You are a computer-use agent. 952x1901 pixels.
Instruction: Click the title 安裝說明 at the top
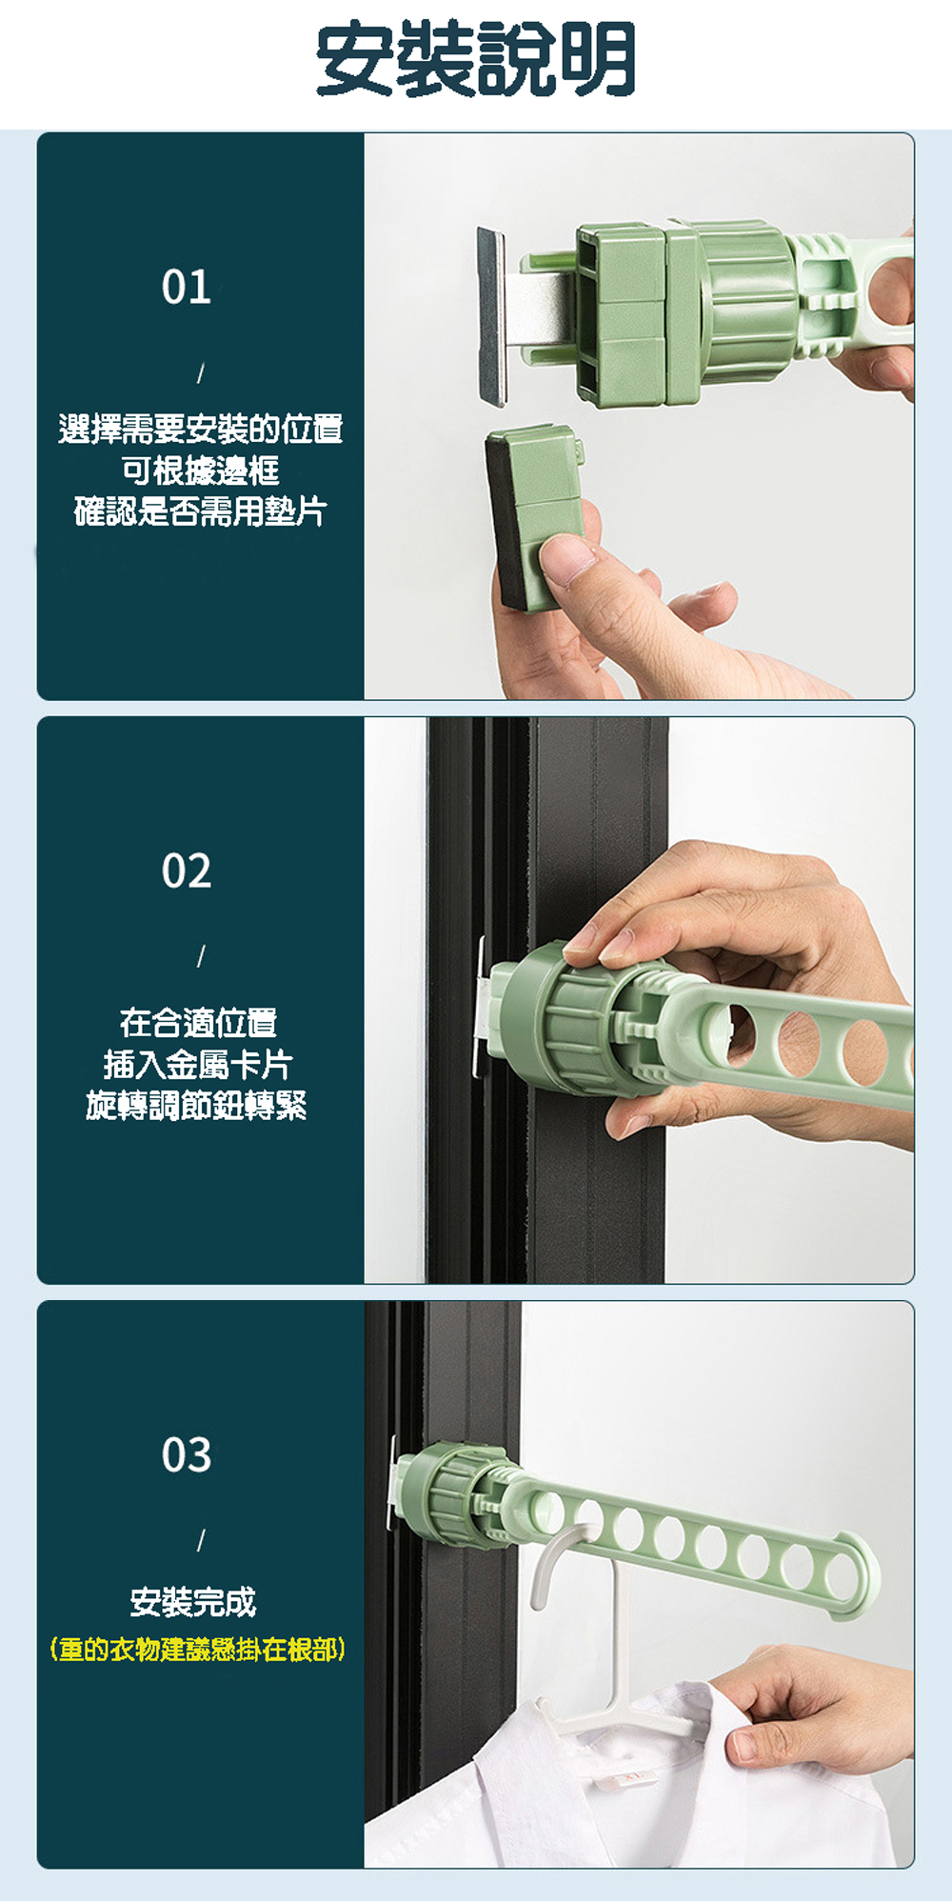(x=476, y=59)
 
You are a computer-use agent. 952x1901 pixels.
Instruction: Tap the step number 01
(x=187, y=287)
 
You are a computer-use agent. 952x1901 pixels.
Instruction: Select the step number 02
(x=187, y=870)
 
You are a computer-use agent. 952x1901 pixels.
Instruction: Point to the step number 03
(x=187, y=1454)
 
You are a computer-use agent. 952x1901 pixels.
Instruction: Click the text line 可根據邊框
(x=200, y=470)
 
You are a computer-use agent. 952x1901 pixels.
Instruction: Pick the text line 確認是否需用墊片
(x=200, y=511)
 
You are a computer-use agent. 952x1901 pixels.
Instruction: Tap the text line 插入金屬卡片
(x=198, y=1064)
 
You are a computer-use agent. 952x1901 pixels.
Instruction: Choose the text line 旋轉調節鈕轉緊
(x=197, y=1105)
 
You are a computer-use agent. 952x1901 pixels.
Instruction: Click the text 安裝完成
(x=193, y=1602)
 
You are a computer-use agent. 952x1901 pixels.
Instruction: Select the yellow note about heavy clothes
(x=197, y=1649)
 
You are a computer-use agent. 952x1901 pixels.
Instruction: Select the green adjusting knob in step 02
(x=562, y=1016)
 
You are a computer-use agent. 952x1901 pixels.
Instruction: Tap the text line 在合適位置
(x=199, y=1023)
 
